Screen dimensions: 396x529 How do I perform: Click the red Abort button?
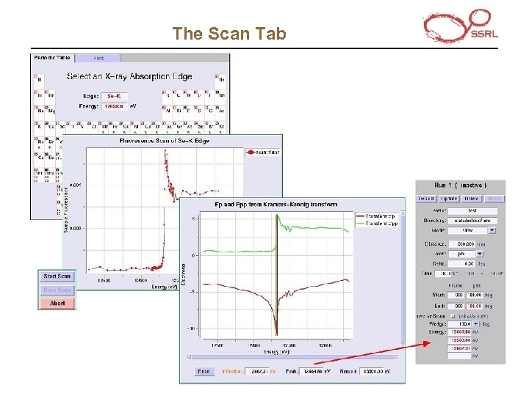point(57,303)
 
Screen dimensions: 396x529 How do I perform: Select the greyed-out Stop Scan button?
point(57,290)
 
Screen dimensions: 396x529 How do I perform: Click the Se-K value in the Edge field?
point(114,95)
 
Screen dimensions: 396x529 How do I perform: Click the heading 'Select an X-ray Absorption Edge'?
point(129,76)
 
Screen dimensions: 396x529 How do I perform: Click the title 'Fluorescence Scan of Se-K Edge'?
point(165,141)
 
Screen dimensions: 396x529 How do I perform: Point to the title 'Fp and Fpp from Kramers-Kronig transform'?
point(276,204)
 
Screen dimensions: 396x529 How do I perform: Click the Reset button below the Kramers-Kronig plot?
point(204,371)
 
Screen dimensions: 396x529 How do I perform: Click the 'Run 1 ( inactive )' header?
point(461,185)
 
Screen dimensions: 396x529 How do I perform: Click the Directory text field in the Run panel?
point(483,220)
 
